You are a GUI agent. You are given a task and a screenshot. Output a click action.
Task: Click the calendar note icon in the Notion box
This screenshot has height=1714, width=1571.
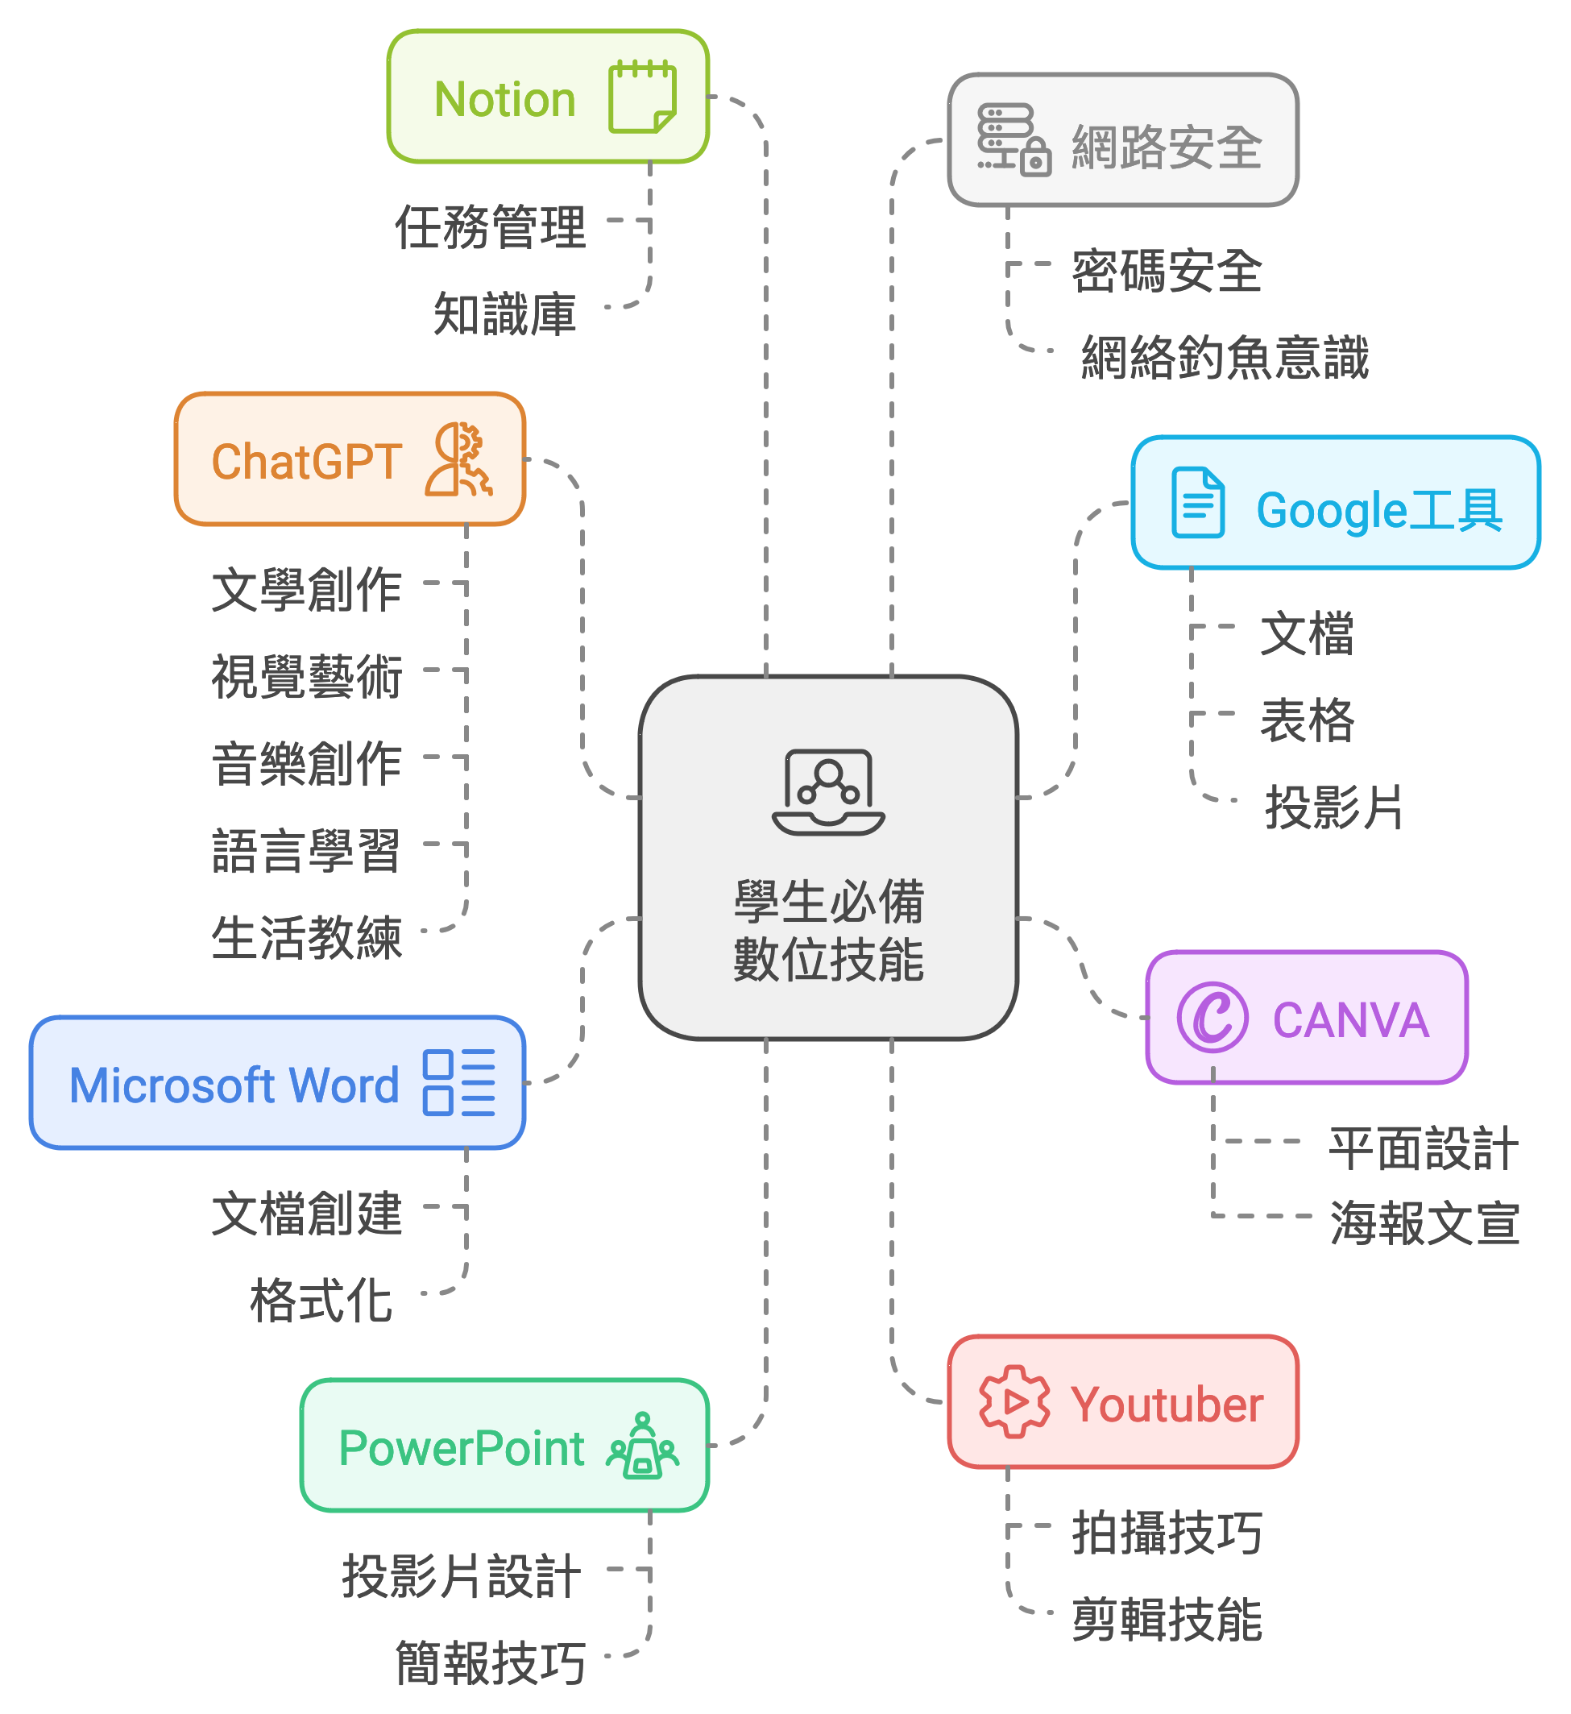pyautogui.click(x=642, y=97)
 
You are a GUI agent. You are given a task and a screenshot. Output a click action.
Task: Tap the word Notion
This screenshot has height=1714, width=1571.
pyautogui.click(x=505, y=99)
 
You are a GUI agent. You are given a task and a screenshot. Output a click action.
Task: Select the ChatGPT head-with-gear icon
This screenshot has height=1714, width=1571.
pyautogui.click(x=459, y=460)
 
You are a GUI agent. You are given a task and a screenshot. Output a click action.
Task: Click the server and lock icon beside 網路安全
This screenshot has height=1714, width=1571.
pyautogui.click(x=1013, y=140)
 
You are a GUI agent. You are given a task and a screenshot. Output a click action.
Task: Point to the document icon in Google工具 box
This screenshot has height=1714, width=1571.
pyautogui.click(x=1198, y=503)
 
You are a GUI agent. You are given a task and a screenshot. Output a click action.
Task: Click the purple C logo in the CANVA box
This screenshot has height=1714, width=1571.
pyautogui.click(x=1212, y=1017)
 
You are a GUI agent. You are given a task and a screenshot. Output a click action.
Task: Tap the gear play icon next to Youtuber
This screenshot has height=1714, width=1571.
pyautogui.click(x=1014, y=1402)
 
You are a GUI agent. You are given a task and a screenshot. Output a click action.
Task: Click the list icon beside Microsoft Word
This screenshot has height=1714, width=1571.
pyautogui.click(x=459, y=1082)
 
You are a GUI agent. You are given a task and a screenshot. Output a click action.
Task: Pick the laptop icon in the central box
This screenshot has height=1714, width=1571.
pyautogui.click(x=829, y=792)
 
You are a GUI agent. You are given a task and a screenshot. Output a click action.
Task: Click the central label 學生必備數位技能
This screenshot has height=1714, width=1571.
pyautogui.click(x=829, y=930)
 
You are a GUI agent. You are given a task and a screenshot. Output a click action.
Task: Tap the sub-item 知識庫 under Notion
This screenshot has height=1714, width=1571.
pyautogui.click(x=505, y=313)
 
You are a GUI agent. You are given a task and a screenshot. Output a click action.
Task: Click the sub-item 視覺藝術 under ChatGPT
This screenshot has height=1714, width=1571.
pyautogui.click(x=307, y=677)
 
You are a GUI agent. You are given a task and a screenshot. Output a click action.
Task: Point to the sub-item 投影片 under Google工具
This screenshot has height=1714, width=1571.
pyautogui.click(x=1333, y=807)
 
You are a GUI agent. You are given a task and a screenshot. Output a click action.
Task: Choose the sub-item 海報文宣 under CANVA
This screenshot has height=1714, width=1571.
pyautogui.click(x=1425, y=1223)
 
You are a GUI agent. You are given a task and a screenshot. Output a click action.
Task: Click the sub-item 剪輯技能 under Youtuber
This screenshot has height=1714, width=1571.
pyautogui.click(x=1167, y=1620)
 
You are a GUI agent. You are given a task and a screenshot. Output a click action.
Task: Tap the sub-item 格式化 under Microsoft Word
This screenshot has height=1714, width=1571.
pyautogui.click(x=321, y=1301)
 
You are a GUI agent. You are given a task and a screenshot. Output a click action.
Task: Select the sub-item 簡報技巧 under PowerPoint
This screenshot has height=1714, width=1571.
pyautogui.click(x=491, y=1663)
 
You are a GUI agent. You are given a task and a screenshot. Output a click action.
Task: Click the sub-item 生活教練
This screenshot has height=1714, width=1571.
pyautogui.click(x=307, y=938)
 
